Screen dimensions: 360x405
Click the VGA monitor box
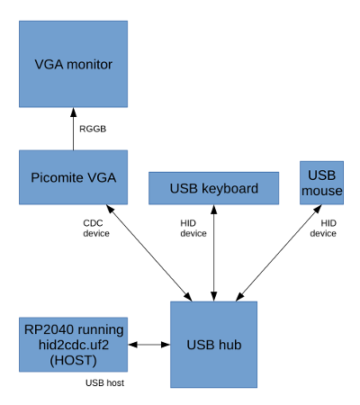point(73,64)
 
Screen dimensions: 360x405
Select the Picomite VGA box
point(73,177)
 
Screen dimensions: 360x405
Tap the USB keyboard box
point(213,188)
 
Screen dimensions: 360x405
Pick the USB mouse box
point(321,183)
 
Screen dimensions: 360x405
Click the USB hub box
point(213,345)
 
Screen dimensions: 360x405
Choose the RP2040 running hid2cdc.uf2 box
point(73,345)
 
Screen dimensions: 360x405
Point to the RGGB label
point(93,129)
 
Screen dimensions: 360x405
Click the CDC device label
point(96,229)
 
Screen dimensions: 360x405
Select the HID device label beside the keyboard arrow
point(193,229)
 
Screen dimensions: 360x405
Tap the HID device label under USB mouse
point(323,229)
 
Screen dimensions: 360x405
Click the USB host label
point(104,382)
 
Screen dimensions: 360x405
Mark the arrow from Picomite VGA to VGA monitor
point(73,129)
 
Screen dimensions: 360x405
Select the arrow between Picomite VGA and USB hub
point(149,253)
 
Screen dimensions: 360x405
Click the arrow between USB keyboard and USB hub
point(213,253)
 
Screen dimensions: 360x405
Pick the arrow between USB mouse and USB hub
point(279,253)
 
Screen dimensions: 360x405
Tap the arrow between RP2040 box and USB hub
point(149,345)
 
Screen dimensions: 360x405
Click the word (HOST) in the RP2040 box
point(73,360)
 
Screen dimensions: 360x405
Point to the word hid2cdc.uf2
point(74,345)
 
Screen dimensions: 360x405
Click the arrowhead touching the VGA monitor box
point(73,112)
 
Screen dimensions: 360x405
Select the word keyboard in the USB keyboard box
point(229,188)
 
